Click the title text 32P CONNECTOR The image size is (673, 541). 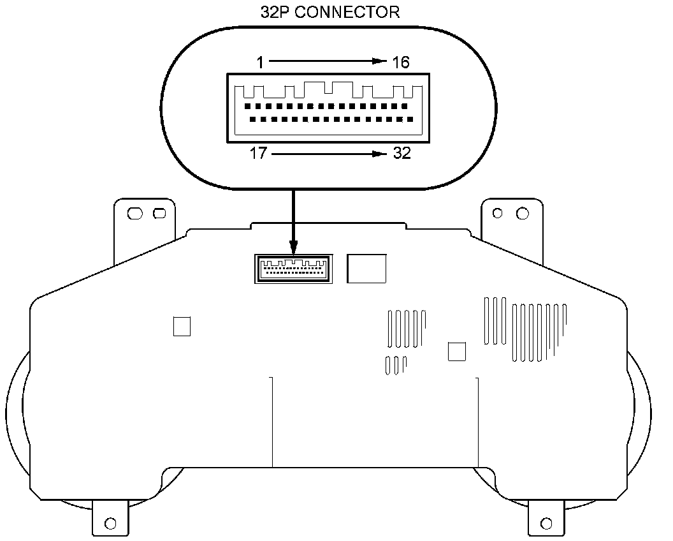click(x=330, y=12)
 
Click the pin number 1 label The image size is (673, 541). click(x=260, y=62)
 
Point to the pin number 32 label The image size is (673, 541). click(x=402, y=154)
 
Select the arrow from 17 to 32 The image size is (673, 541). click(x=327, y=154)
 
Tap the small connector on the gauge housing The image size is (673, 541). click(x=293, y=268)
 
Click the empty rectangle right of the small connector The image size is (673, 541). click(x=366, y=268)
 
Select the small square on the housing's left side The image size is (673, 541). click(x=182, y=326)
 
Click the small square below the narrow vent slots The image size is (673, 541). click(x=457, y=351)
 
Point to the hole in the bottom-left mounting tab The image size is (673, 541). click(x=110, y=524)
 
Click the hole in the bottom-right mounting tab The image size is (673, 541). click(x=546, y=524)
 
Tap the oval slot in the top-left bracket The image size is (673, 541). click(x=135, y=214)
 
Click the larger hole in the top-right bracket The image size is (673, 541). click(x=522, y=213)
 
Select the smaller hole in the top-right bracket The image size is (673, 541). click(x=498, y=213)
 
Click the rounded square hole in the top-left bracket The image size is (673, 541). click(x=159, y=214)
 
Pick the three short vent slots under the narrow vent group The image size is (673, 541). click(x=396, y=364)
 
